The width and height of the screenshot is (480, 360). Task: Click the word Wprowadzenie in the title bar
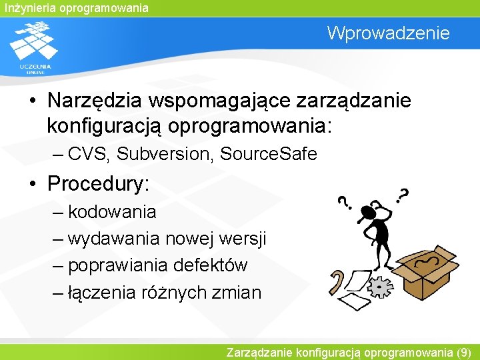388,33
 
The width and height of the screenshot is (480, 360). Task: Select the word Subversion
165,154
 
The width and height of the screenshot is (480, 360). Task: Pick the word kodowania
112,212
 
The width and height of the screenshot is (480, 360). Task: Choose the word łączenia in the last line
102,292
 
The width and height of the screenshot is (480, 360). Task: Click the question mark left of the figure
343,202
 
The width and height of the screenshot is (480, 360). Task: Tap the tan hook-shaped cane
336,283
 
